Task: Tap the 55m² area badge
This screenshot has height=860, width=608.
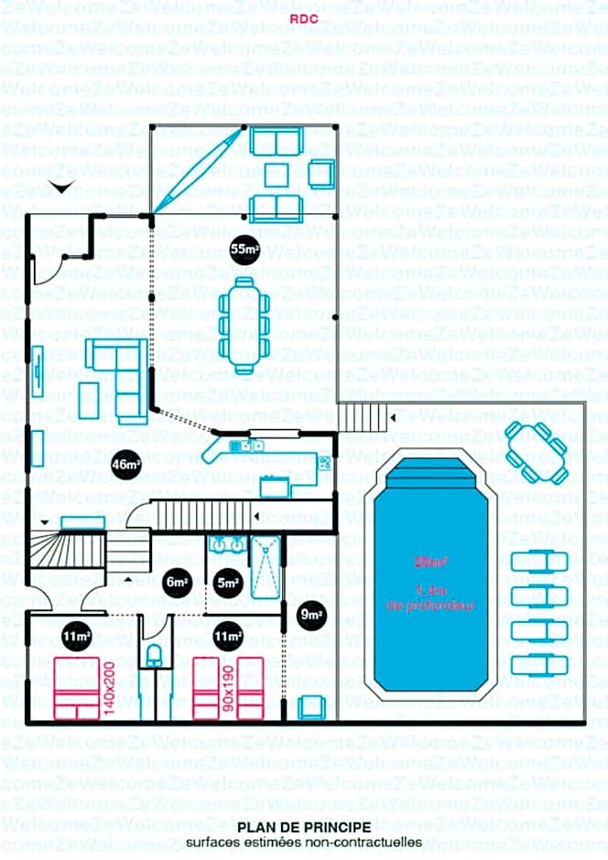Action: click(244, 249)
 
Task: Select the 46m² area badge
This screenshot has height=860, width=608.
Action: click(125, 465)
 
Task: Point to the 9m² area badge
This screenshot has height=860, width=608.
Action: click(311, 616)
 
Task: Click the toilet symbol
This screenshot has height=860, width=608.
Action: click(155, 654)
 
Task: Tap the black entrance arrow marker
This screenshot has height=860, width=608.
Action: click(61, 188)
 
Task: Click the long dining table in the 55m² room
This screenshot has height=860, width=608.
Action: click(243, 325)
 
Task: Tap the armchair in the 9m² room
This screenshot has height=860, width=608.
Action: click(312, 707)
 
